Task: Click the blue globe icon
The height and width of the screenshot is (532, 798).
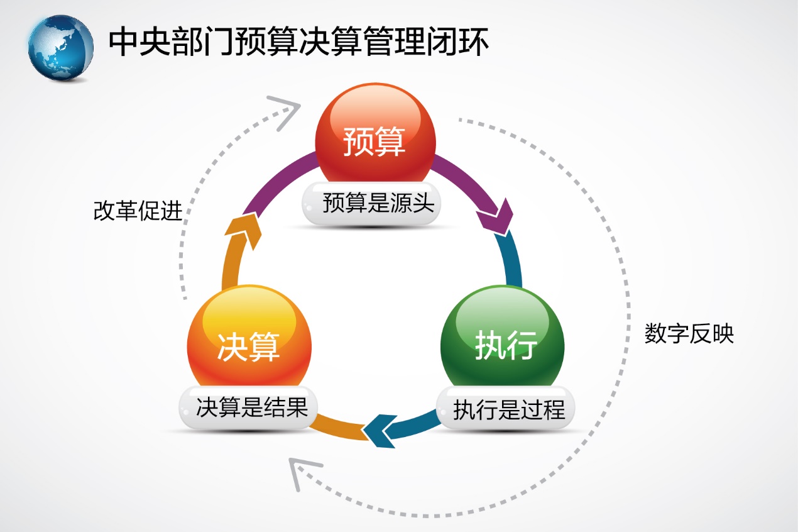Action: (60, 48)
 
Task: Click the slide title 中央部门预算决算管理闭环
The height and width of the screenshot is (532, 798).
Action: (298, 42)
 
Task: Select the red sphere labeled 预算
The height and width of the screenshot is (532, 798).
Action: (375, 135)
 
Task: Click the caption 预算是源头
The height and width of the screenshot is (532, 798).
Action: (378, 203)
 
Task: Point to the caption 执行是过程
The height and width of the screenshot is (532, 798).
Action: (509, 410)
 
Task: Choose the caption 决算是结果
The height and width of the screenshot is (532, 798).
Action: (252, 407)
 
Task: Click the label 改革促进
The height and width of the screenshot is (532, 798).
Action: (138, 211)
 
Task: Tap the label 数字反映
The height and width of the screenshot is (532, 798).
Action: (689, 334)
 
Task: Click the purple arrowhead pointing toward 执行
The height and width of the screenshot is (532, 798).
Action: (496, 218)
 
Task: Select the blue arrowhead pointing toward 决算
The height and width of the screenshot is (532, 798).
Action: (381, 431)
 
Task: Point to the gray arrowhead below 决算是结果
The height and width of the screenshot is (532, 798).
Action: (303, 472)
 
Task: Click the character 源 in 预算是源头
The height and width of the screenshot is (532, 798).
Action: (401, 203)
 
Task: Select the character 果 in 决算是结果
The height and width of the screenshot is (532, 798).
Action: (297, 407)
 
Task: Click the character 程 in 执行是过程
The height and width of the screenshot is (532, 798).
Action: (554, 410)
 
